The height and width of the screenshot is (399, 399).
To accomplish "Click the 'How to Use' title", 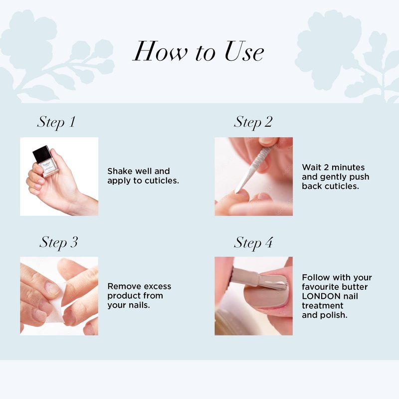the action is click(198, 51).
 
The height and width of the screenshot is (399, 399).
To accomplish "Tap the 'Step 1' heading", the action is click(56, 122).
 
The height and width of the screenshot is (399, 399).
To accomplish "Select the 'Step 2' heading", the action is click(253, 122).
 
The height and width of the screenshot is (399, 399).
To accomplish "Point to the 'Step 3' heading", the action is click(59, 242).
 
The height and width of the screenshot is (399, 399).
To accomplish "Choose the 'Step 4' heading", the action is click(253, 242).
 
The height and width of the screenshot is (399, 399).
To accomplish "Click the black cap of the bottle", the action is click(42, 154).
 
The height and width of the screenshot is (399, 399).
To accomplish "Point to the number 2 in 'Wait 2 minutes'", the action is click(326, 168).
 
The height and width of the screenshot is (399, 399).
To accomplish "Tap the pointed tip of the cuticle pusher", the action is click(236, 192).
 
